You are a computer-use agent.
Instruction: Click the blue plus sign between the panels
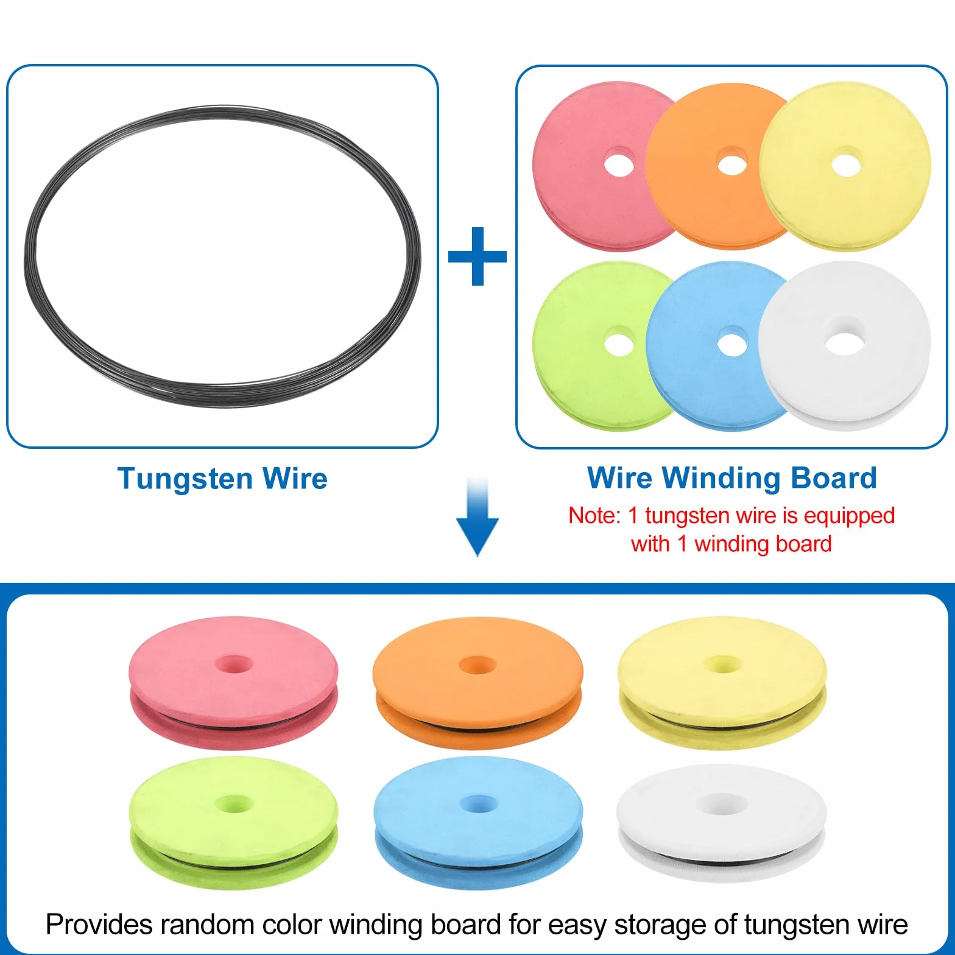coord(477,256)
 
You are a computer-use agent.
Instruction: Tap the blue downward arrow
coord(477,518)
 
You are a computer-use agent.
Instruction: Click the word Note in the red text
coord(594,516)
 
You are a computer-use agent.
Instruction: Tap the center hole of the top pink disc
coord(619,164)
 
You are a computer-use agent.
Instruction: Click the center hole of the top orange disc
coord(732,164)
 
